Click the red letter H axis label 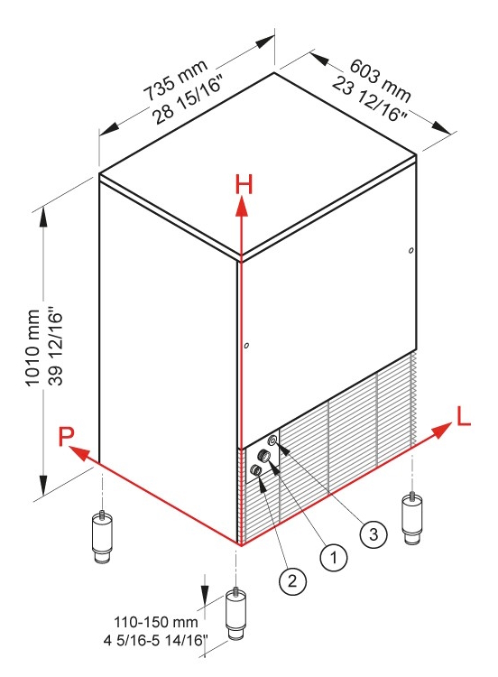coord(244,185)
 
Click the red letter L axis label coord(463,417)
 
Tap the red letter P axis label coord(67,436)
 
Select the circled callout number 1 coord(334,558)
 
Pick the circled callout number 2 coord(292,580)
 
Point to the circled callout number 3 coord(373,534)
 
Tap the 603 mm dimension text coord(380,80)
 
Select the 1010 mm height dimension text coord(32,348)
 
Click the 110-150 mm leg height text coord(156,622)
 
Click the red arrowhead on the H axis coord(242,206)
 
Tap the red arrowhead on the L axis coord(442,431)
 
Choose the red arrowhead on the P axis coord(79,454)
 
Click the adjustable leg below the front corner coord(236,614)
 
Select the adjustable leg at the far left coord(102,537)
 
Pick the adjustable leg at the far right coord(412,518)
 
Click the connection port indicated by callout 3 coord(272,441)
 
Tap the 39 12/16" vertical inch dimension coord(56,346)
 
